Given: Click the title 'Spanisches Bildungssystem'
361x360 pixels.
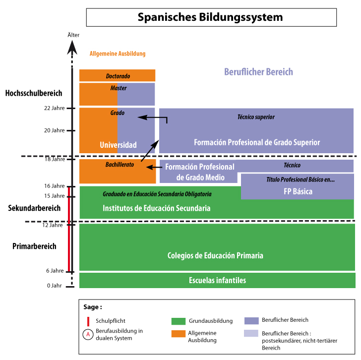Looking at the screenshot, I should coord(210,17).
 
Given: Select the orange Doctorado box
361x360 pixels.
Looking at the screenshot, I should coord(118,75).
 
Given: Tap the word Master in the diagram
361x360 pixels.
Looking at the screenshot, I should coord(119,88).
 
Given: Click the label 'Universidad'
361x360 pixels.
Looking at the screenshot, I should coord(118,145).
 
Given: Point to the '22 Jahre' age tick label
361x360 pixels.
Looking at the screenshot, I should coord(55,108).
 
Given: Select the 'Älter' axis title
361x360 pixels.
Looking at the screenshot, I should coord(73,35).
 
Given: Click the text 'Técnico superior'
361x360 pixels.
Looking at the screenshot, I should coord(256,117).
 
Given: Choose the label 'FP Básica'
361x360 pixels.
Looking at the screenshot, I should coord(298,191).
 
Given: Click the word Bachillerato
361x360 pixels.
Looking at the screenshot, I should coord(120,164).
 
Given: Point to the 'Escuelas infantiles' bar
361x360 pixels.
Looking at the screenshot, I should coord(217,281).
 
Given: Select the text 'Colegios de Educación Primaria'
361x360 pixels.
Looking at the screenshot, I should coord(215,256).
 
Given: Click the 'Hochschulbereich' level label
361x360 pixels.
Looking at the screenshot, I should coord(34,93).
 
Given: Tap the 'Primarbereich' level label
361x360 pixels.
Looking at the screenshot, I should coord(34,246).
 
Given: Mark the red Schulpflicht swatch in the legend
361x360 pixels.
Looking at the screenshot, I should coord(88,321).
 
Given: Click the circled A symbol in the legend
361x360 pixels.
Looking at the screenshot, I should coord(88,334).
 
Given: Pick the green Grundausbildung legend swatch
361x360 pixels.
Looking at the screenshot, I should coord(178,321).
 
